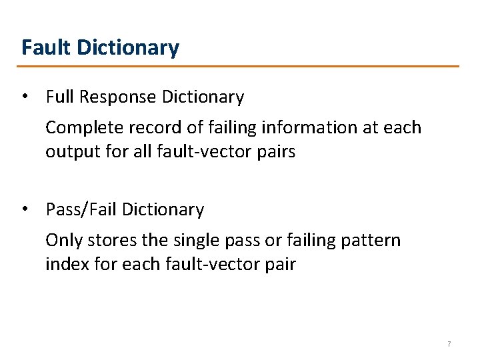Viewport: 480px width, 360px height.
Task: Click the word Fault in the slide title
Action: pos(47,48)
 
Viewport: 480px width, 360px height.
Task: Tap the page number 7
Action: pos(449,344)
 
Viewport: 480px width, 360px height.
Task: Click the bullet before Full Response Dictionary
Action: pos(24,96)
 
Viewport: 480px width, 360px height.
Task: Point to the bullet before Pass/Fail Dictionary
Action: pos(24,209)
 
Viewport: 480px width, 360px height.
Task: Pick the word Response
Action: pos(119,97)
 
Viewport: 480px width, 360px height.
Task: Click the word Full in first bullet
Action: pos(59,97)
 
